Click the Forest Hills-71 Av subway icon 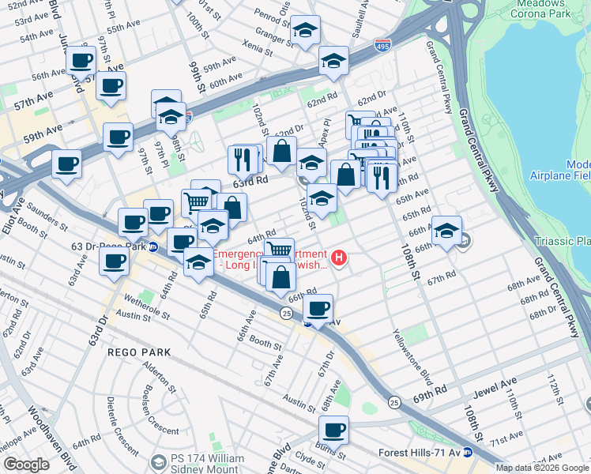tap(467, 453)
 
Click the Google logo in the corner tap(26, 465)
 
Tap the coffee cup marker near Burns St tap(333, 431)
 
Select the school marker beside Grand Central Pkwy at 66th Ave tap(446, 231)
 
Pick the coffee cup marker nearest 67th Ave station tap(318, 309)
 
